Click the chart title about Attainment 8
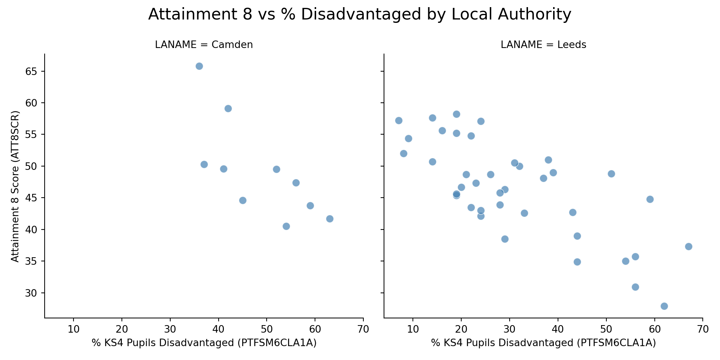pyautogui.click(x=360, y=15)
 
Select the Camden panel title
pyautogui.click(x=204, y=45)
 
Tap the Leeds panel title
pyautogui.click(x=543, y=45)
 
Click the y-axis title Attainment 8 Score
pyautogui.click(x=15, y=186)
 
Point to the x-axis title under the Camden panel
pyautogui.click(x=204, y=343)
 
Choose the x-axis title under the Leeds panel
pyautogui.click(x=543, y=343)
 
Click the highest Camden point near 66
pyautogui.click(x=199, y=66)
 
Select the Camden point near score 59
pyautogui.click(x=228, y=109)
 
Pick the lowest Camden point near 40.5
pyautogui.click(x=286, y=226)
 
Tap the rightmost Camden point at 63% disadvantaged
pyautogui.click(x=330, y=219)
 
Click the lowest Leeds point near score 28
pyautogui.click(x=664, y=306)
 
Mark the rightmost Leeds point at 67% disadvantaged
pyautogui.click(x=688, y=246)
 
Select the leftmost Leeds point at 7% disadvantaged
pyautogui.click(x=399, y=120)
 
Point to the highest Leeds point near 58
pyautogui.click(x=456, y=114)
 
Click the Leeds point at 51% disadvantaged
pyautogui.click(x=611, y=174)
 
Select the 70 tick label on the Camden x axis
pyautogui.click(x=363, y=329)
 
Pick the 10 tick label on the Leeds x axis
pyautogui.click(x=413, y=329)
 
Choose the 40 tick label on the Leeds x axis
pyautogui.click(x=558, y=329)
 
